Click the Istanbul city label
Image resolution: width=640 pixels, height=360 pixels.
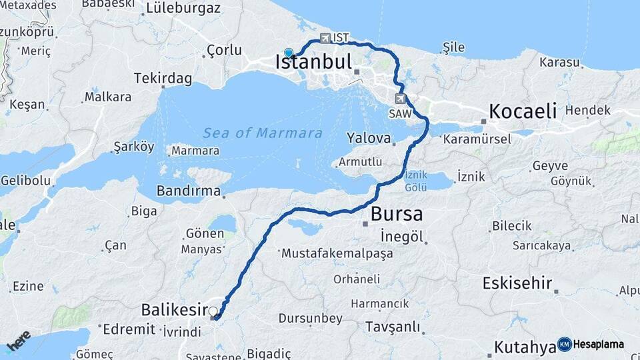(x=313, y=63)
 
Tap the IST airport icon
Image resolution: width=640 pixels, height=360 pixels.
(x=325, y=38)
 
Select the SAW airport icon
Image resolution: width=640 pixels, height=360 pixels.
(x=400, y=99)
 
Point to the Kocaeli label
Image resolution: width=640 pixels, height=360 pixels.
(x=523, y=111)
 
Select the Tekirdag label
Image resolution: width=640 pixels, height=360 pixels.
(x=163, y=79)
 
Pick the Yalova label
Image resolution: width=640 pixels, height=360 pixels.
(x=368, y=138)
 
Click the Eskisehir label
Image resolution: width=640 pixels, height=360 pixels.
(x=517, y=283)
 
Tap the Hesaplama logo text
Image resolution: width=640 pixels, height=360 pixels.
(x=599, y=344)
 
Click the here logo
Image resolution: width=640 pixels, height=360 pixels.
(x=19, y=341)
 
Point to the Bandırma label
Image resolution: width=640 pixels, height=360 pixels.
(x=188, y=191)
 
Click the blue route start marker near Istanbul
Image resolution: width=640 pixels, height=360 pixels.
(x=289, y=52)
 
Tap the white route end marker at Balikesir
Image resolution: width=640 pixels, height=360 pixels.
(x=213, y=311)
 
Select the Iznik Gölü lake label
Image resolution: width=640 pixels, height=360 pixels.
(x=415, y=181)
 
